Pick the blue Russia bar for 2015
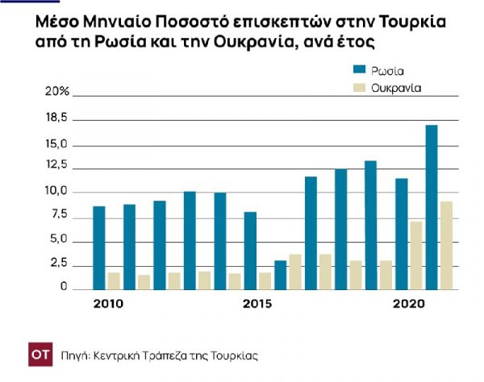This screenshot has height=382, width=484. coord(250,251)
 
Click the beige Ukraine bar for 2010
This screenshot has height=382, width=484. coord(114,280)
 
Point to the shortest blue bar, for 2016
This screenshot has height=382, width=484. coord(280,275)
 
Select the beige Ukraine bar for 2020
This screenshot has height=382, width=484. coord(416,255)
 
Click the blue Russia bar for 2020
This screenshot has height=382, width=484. coord(401,234)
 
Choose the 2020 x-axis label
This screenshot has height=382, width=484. coord(407,304)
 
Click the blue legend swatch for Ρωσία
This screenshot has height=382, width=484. coord(357,70)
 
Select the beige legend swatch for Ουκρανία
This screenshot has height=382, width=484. coord(357,86)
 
